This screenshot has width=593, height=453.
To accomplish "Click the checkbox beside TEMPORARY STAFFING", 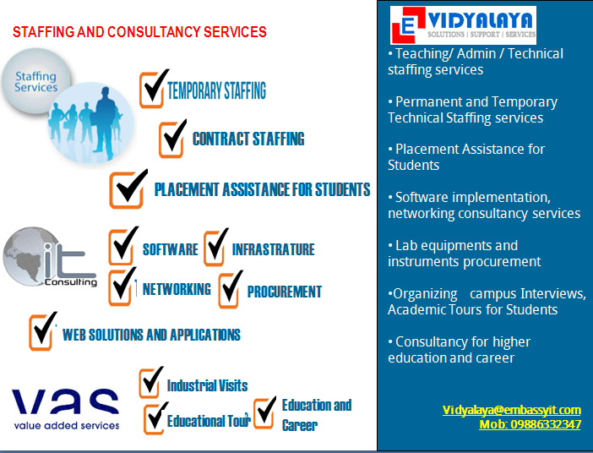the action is (x=153, y=89).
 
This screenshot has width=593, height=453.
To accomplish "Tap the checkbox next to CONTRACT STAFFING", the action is (x=172, y=139).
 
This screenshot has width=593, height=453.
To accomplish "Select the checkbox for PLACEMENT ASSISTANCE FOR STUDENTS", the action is (x=128, y=189).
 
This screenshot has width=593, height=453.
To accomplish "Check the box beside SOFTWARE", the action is (x=122, y=247).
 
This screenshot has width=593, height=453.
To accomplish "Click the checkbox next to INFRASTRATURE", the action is (x=215, y=247).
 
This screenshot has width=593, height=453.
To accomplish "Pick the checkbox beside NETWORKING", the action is (x=122, y=287).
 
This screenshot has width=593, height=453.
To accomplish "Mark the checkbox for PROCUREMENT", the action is (x=231, y=290).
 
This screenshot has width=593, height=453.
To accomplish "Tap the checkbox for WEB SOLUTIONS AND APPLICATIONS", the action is (x=42, y=331).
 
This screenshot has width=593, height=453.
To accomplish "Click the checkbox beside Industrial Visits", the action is (x=150, y=382).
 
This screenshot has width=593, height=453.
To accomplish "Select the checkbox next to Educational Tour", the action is (x=155, y=418).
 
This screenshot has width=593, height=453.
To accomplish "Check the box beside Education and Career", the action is (x=264, y=412).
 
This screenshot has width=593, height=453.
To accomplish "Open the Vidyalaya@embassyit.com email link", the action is (x=511, y=410).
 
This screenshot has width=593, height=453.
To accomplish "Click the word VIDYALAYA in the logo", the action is (x=481, y=21).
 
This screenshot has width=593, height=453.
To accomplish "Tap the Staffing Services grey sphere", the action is (x=36, y=80).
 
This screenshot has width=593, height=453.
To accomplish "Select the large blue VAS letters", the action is (x=65, y=401).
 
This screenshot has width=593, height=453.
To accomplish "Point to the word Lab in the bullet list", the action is (x=406, y=246).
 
